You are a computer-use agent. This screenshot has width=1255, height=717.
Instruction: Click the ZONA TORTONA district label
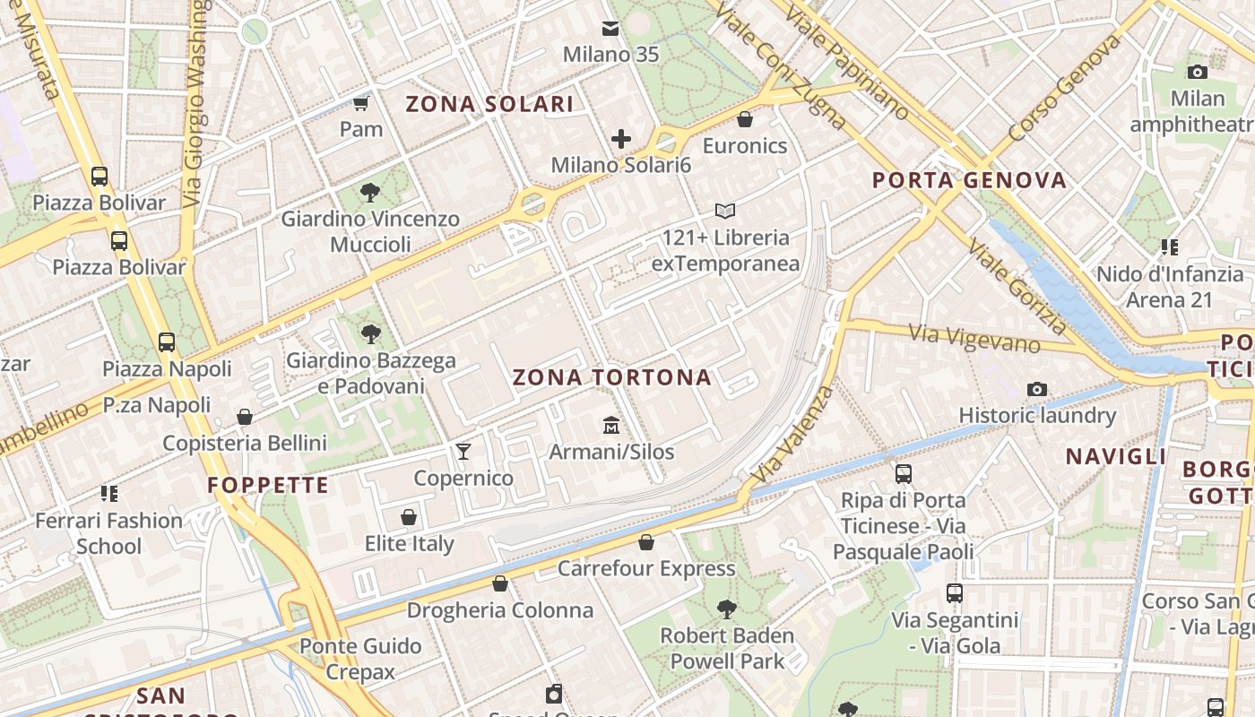coord(612,377)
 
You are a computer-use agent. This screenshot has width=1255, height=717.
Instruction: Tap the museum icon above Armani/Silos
coord(611,424)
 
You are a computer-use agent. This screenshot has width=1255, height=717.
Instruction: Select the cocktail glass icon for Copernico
coord(463,451)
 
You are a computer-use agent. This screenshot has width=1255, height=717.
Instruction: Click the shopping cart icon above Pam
coord(361,103)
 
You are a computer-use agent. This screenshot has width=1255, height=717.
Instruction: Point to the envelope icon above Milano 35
coord(610,29)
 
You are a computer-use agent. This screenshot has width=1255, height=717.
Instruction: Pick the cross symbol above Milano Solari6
coord(621,139)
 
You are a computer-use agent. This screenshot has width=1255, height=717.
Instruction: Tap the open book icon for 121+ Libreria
coord(725,212)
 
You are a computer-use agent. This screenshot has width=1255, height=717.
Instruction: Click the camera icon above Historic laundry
coord(1037,389)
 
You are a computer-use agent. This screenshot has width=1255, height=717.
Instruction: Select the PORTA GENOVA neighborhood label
coord(970,180)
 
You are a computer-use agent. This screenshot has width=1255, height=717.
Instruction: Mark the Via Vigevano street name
coord(975,339)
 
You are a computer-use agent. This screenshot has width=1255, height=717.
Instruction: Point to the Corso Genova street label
coord(1064,89)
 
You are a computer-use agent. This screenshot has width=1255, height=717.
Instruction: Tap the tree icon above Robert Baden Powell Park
coord(727,609)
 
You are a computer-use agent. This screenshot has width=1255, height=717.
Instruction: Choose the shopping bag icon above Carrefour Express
coord(646,542)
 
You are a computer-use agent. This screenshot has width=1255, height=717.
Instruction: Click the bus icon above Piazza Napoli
coord(167,341)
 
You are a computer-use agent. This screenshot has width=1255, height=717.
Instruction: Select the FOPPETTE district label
coord(269,485)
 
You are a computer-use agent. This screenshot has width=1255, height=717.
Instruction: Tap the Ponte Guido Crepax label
coord(360,659)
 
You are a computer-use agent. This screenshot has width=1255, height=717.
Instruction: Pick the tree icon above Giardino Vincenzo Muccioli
coord(369,192)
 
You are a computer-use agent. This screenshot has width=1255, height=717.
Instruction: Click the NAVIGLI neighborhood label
coord(1116,456)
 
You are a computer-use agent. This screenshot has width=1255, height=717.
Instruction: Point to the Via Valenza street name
coord(794,436)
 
